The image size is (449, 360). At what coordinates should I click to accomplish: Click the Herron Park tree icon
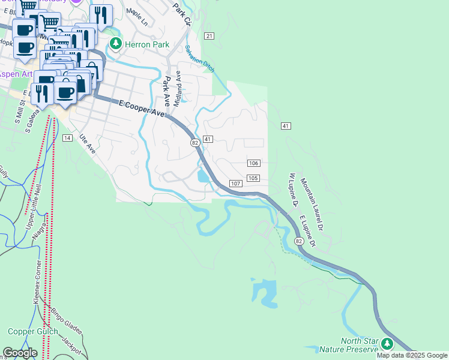[x=115, y=44]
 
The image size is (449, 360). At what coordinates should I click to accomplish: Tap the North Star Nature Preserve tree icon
[x=387, y=343]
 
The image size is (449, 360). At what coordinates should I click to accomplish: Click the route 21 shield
[x=209, y=37]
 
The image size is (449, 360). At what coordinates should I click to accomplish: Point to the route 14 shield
[x=67, y=138]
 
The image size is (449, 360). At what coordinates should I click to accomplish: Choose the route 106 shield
[x=253, y=164]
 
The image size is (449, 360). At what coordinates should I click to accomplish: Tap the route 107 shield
[x=235, y=183]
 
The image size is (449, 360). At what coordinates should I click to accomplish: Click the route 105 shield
[x=253, y=178]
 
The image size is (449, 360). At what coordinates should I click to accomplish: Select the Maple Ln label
[x=137, y=17]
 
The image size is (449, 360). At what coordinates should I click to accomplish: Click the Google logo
[x=20, y=353]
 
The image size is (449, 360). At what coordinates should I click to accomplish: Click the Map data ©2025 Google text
[x=412, y=355]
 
